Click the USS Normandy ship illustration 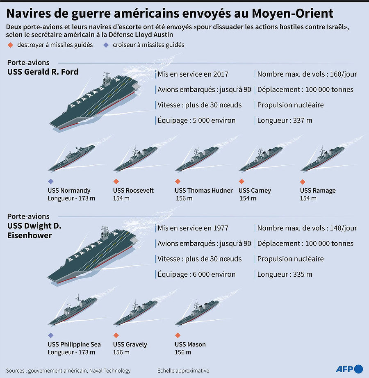[71, 158]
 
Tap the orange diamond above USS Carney [241, 181]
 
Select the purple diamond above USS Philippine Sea [50, 335]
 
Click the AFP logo [349, 369]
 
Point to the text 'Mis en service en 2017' [193, 74]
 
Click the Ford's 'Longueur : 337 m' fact [285, 120]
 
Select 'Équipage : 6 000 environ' [196, 274]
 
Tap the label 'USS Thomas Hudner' [204, 191]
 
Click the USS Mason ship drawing [197, 312]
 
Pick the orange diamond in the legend [10, 45]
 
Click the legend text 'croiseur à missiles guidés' [148, 45]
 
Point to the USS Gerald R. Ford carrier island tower [107, 78]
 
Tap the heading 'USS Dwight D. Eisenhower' [34, 230]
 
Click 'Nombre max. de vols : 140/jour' [307, 228]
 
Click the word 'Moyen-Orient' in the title [293, 14]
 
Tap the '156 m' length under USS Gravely [121, 352]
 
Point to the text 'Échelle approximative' [183, 371]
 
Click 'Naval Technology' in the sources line [110, 371]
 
